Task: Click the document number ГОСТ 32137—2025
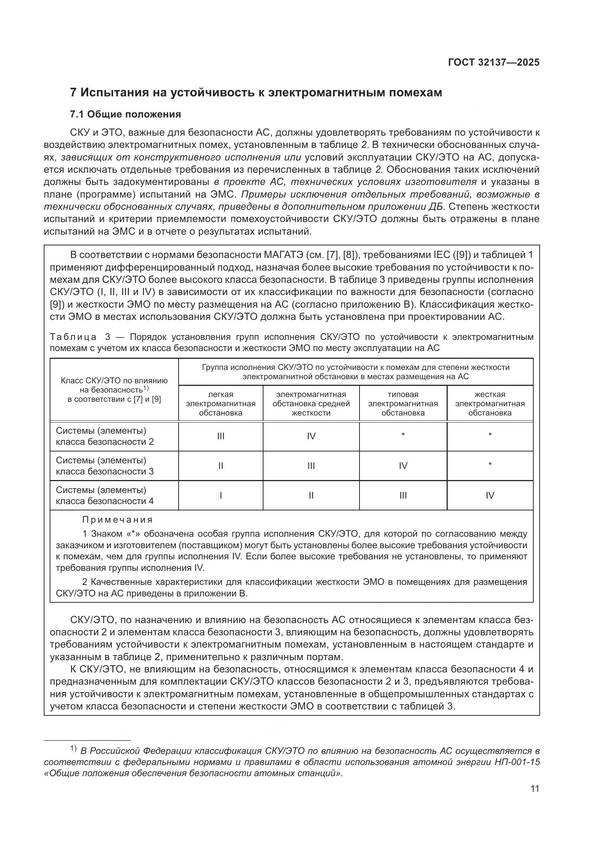pyautogui.click(x=493, y=63)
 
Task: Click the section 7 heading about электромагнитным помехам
pyautogui.click(x=256, y=93)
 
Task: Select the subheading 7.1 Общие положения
pyautogui.click(x=126, y=114)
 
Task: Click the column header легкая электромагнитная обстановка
pyautogui.click(x=221, y=404)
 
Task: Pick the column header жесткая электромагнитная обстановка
pyautogui.click(x=490, y=404)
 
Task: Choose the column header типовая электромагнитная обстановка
pyautogui.click(x=403, y=404)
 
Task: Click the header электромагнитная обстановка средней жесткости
pyautogui.click(x=311, y=404)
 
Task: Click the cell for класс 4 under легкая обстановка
pyautogui.click(x=221, y=496)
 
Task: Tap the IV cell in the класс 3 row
pyautogui.click(x=403, y=466)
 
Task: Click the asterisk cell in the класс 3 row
pyautogui.click(x=490, y=465)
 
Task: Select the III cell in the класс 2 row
pyautogui.click(x=221, y=437)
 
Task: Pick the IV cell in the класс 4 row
pyautogui.click(x=490, y=496)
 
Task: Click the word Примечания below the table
pyautogui.click(x=117, y=520)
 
